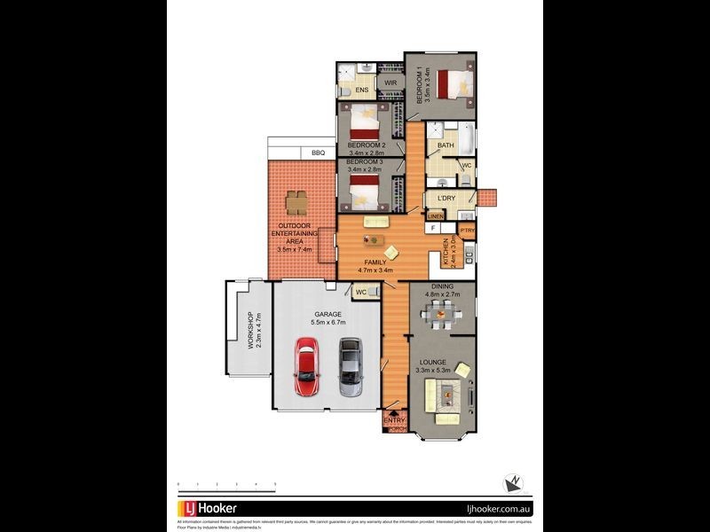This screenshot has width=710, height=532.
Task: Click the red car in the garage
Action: coord(307,370)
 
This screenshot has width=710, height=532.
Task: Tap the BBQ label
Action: coord(318,153)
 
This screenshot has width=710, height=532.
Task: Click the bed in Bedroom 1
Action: coord(455,85)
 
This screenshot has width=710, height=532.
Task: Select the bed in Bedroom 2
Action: coord(365,120)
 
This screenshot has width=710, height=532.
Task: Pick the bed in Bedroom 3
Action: coord(365,191)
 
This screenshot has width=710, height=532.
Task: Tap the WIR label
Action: coord(390,83)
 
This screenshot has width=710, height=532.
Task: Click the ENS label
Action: coord(362,90)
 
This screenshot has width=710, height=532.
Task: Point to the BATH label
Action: coord(446,146)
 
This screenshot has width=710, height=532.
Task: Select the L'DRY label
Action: coord(446,199)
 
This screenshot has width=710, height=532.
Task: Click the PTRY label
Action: coord(468,231)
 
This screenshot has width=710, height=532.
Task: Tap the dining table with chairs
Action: coord(440,313)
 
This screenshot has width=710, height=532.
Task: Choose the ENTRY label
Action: coord(394,421)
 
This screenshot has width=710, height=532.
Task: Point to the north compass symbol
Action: coord(512,483)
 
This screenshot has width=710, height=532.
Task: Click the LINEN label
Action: coord(436,216)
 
